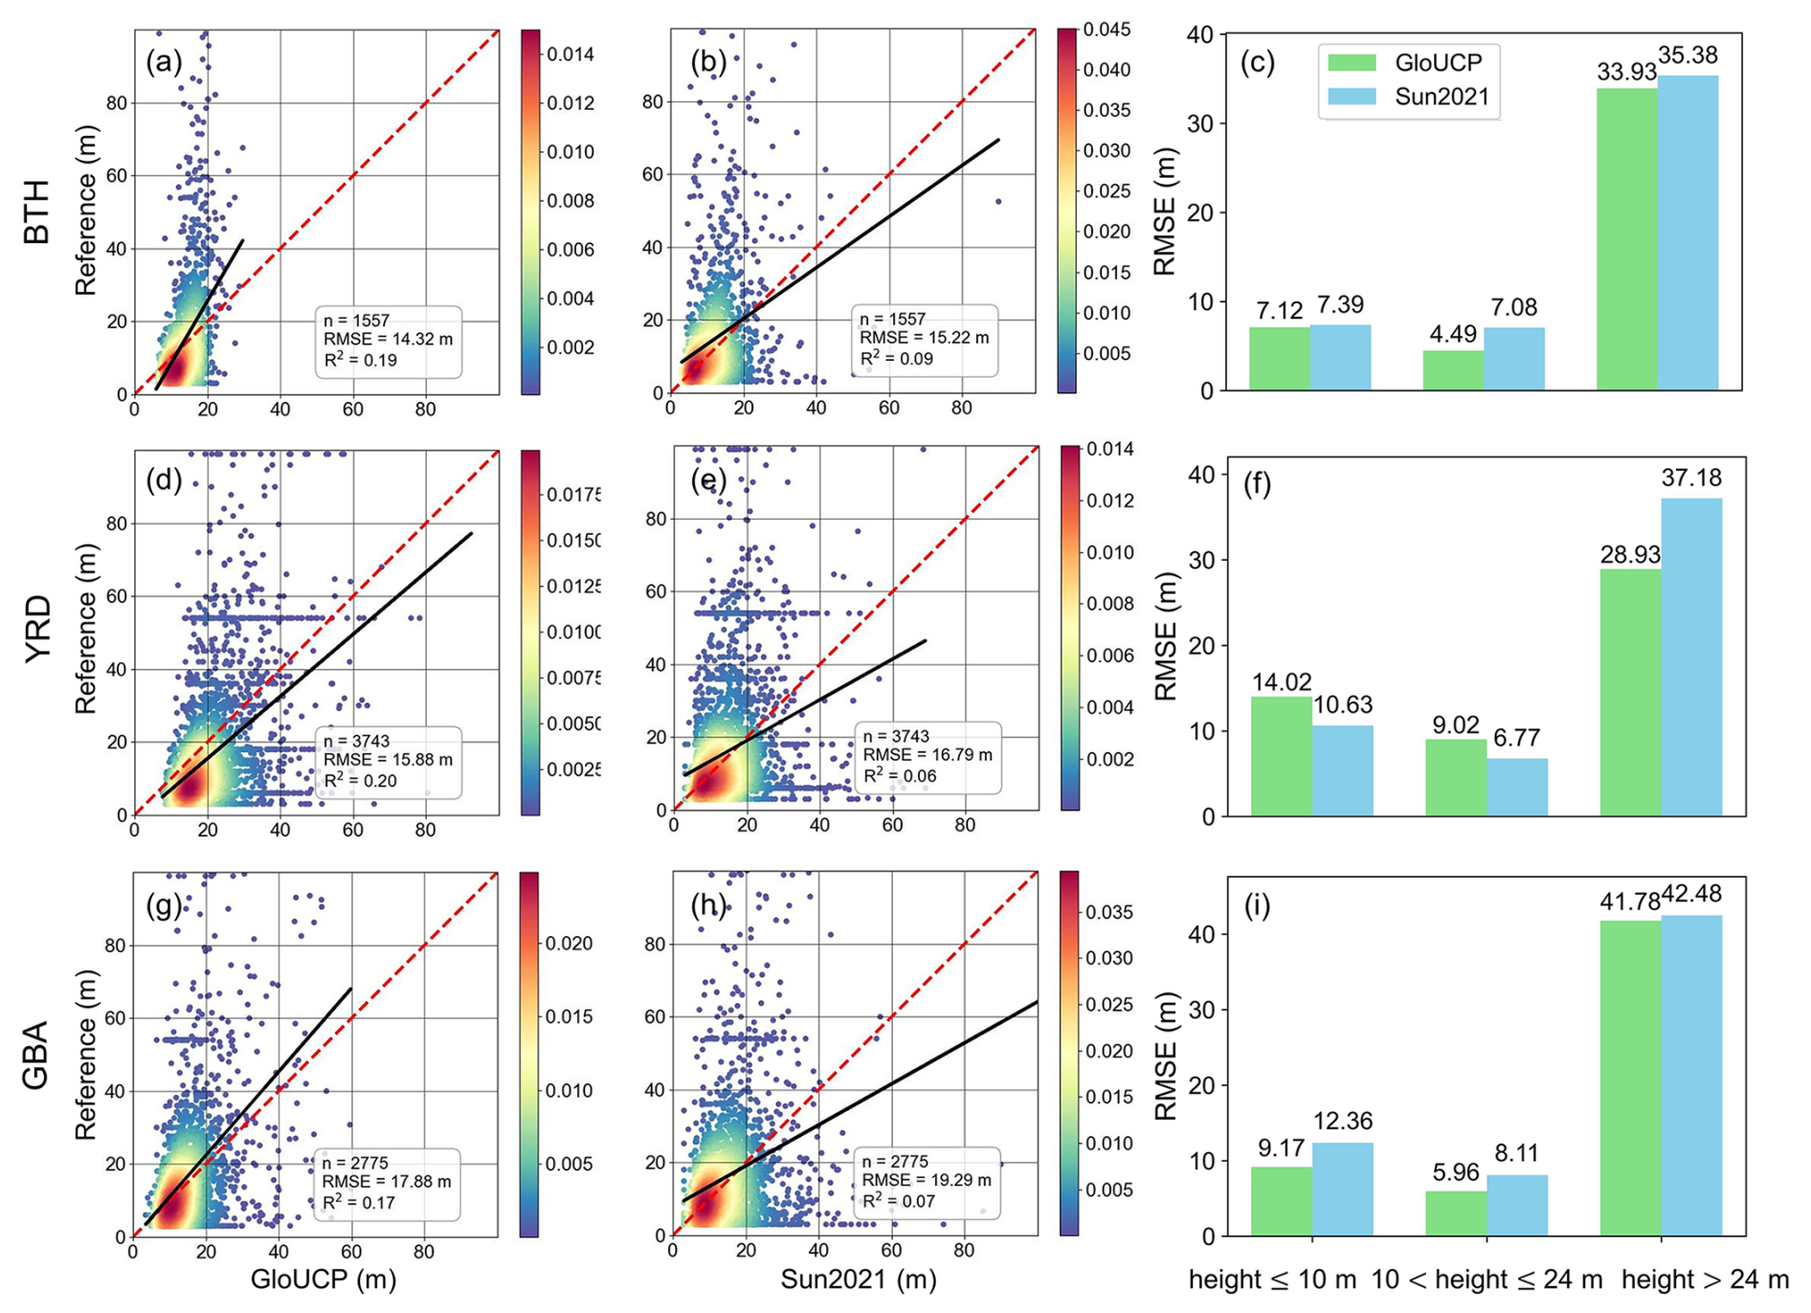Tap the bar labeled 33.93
point(1626,238)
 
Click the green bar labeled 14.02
point(1282,756)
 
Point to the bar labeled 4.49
point(1453,370)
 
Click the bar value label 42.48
point(1691,894)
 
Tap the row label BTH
point(36,212)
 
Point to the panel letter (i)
point(1256,904)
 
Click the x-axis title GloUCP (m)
point(324,1280)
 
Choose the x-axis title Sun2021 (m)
point(858,1280)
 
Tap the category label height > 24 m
point(1704,1280)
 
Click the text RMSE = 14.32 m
point(388,340)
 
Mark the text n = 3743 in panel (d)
point(357,742)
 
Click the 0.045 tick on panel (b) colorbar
point(1107,30)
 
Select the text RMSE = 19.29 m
point(927,1181)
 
